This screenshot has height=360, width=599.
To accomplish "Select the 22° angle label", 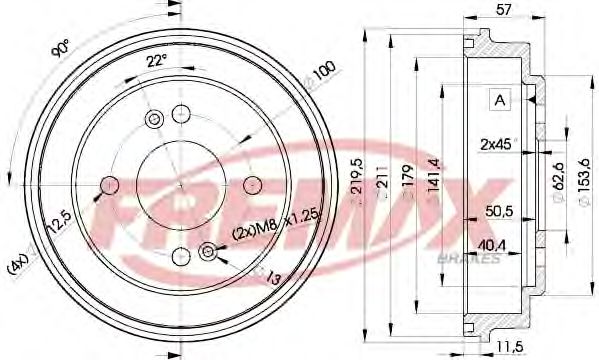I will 155,61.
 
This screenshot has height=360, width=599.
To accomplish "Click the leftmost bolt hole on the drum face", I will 108,185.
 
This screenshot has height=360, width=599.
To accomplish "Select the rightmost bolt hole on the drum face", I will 251,185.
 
